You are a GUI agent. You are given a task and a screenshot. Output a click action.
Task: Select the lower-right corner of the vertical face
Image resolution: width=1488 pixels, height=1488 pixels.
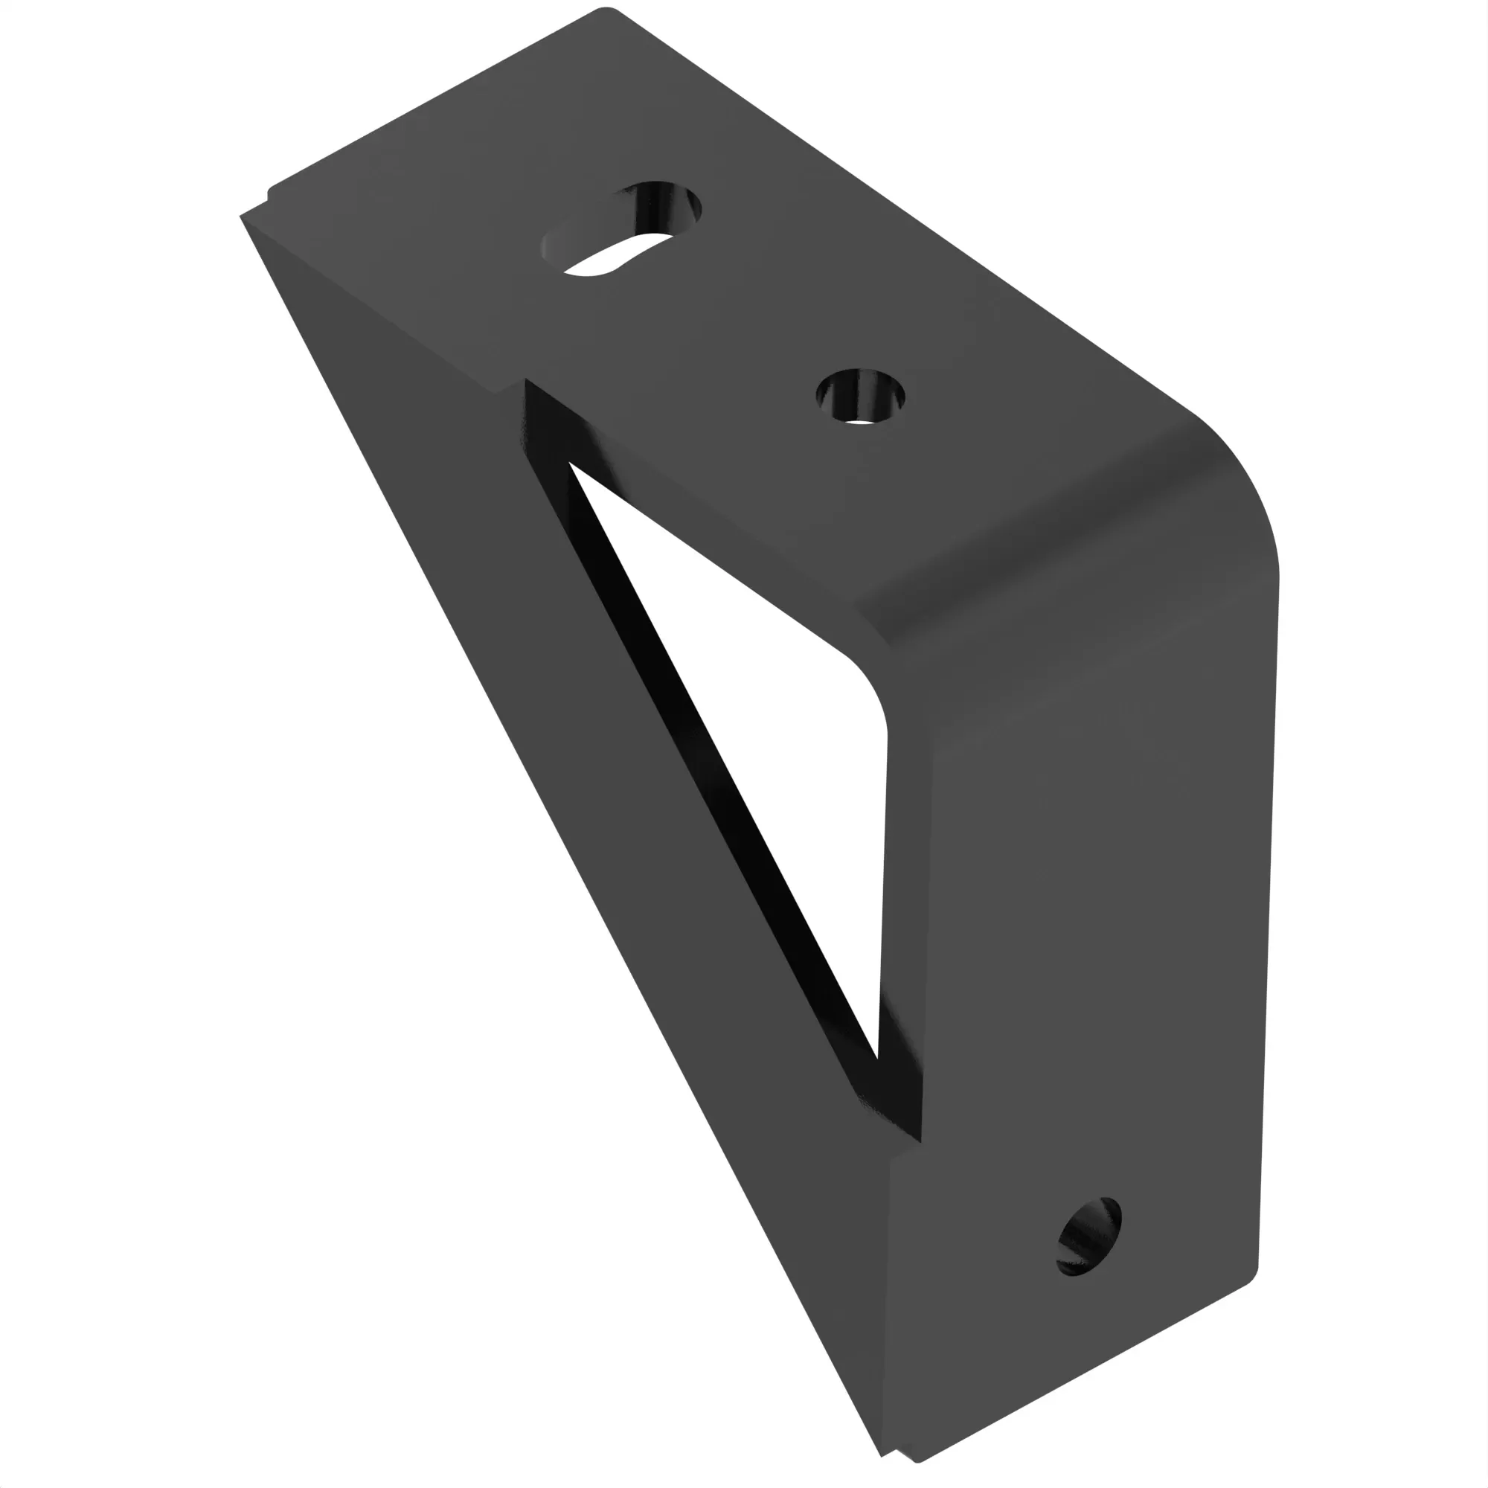(1254, 1283)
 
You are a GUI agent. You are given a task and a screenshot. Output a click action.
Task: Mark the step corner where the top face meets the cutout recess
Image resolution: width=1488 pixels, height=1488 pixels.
(525, 380)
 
